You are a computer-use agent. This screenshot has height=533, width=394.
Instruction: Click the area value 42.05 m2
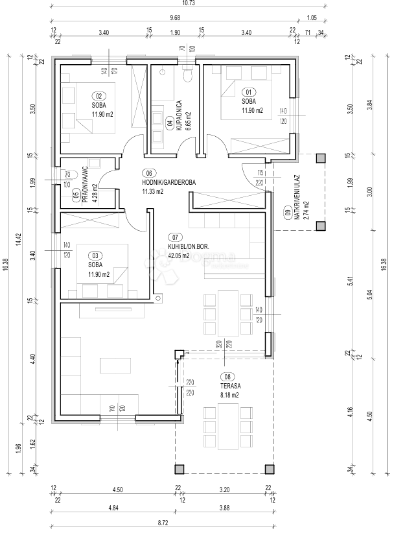click(178, 255)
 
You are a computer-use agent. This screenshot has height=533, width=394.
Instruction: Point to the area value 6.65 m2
click(187, 117)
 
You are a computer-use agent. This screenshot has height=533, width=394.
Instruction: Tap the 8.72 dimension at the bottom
click(164, 521)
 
